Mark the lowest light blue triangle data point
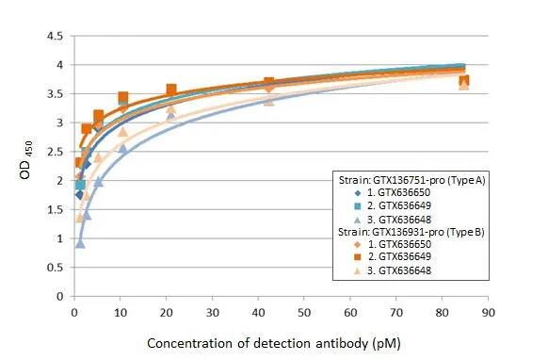[x=80, y=243]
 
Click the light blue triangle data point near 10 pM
[x=122, y=148]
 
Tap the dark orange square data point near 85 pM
[x=463, y=80]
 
